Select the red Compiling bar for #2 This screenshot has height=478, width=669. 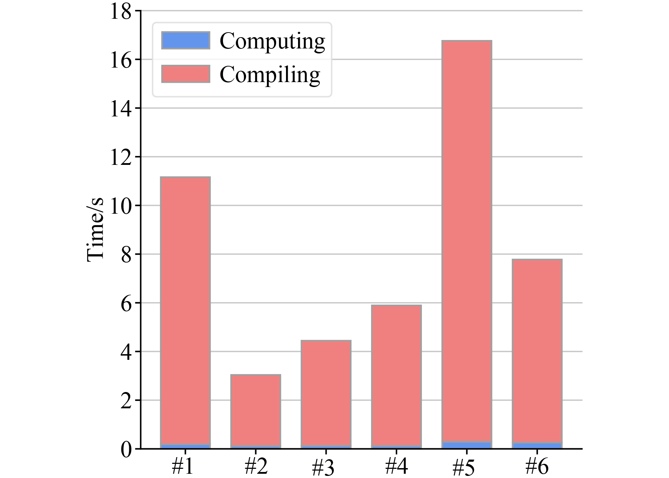[256, 410]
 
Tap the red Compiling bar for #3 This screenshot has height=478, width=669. [326, 393]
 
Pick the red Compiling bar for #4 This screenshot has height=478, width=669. [396, 375]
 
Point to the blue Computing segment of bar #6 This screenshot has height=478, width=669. [537, 446]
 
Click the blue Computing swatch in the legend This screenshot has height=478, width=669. [185, 40]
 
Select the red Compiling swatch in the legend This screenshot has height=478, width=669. [185, 74]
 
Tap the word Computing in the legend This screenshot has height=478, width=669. [272, 41]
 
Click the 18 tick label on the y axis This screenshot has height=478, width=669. [120, 11]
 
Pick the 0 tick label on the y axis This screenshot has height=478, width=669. [126, 449]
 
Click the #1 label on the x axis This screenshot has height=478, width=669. [183, 467]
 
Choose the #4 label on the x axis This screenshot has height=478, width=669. [396, 467]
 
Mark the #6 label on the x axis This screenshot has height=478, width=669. [537, 467]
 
